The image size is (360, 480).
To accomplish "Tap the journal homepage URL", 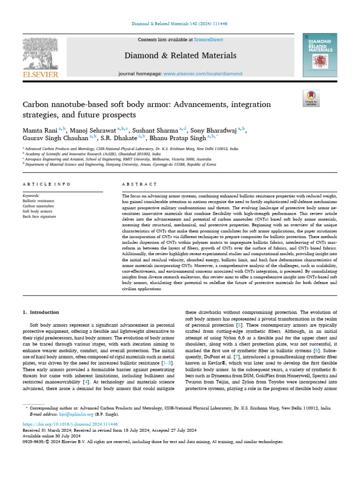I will pyautogui.click(x=203, y=74).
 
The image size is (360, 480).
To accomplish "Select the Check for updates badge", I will pyautogui.click(x=311, y=98).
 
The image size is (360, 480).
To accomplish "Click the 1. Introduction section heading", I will pyautogui.click(x=41, y=312).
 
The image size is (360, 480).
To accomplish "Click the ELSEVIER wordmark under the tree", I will pyautogui.click(x=40, y=74).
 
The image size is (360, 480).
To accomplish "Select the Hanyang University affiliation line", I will pyautogui.click(x=120, y=165).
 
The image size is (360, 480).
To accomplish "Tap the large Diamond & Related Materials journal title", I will pyautogui.click(x=180, y=56).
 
